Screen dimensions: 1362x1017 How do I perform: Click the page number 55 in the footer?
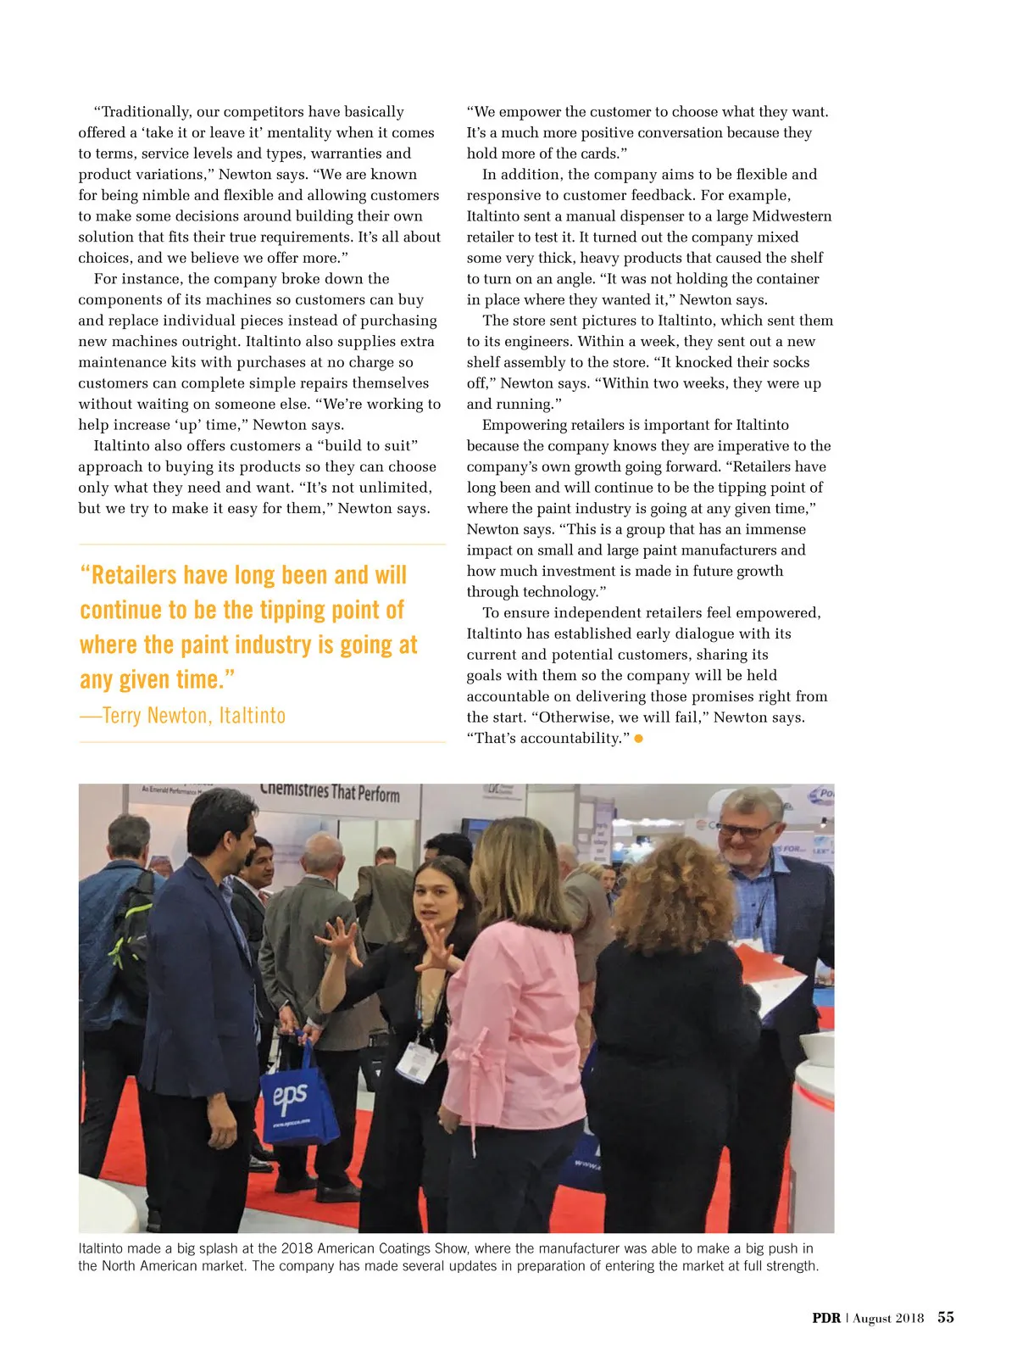945,1317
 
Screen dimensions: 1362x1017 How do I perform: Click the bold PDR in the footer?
825,1318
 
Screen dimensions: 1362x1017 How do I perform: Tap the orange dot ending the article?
638,739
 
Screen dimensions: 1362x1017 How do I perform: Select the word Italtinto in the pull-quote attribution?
253,716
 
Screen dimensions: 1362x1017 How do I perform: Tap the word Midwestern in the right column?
792,216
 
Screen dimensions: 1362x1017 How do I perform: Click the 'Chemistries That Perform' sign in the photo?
331,792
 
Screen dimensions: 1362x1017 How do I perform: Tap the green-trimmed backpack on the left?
136,924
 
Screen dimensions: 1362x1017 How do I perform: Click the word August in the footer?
872,1318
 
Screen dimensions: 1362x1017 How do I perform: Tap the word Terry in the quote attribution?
122,716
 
